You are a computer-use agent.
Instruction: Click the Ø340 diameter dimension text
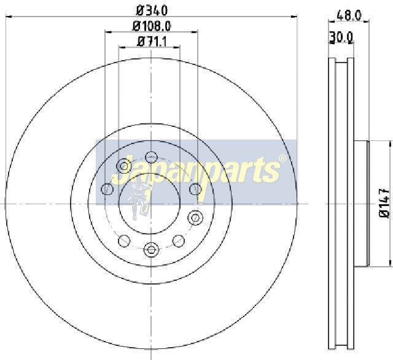coord(152,10)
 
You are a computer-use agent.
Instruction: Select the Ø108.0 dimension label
coord(152,26)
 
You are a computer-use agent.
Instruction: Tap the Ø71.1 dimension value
coord(152,42)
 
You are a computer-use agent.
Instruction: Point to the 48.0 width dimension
coord(349,15)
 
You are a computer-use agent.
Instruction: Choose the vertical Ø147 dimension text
coord(385,203)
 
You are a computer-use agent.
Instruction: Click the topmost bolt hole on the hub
coord(151,158)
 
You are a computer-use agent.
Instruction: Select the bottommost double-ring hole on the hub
coord(151,250)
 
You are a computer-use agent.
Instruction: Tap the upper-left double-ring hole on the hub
coord(123,166)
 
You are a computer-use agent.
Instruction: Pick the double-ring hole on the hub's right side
coord(195,218)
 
